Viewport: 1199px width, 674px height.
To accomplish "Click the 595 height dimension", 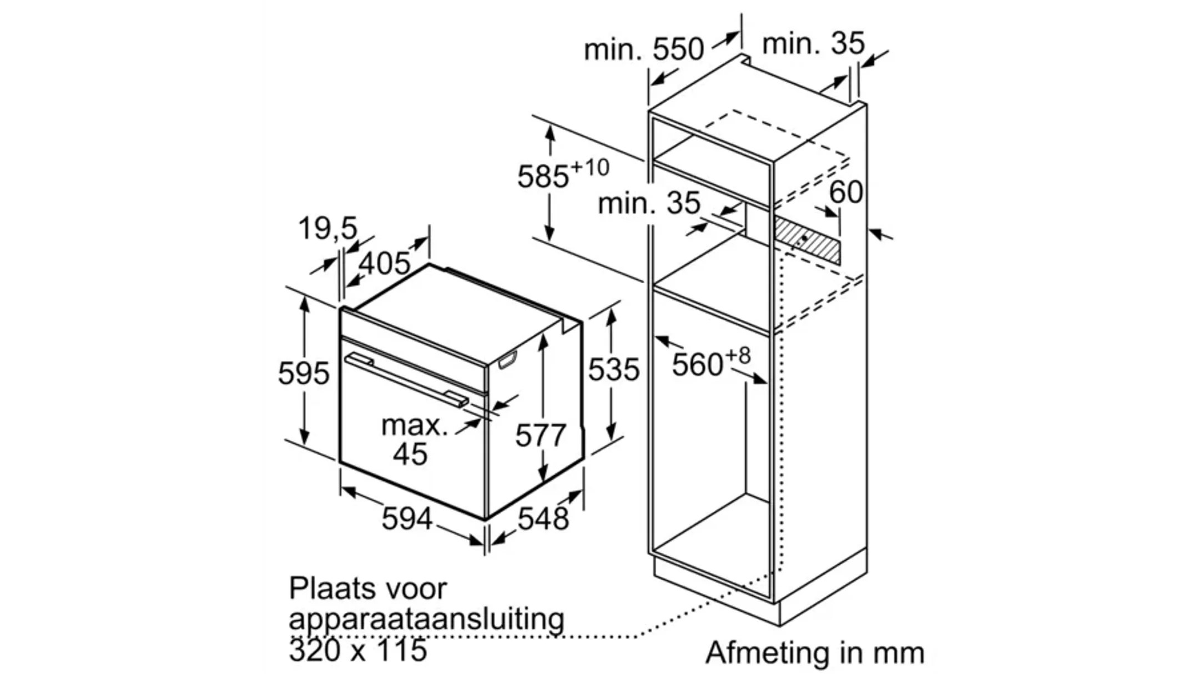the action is tap(304, 373).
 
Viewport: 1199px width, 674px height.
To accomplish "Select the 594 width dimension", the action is tap(407, 519).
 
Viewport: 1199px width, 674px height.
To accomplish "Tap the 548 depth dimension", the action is tap(543, 519).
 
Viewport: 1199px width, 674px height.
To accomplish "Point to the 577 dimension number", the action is tap(540, 435).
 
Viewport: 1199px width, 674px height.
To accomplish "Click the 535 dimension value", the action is tap(614, 370).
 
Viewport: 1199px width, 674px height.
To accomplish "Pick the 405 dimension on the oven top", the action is tap(385, 263).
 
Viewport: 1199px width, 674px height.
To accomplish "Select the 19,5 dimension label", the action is tap(328, 228).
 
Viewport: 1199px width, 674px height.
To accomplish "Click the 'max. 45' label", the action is tap(414, 440).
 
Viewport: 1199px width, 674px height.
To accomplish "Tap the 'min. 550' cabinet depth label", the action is tap(644, 49).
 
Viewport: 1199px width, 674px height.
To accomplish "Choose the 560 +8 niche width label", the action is tap(711, 363).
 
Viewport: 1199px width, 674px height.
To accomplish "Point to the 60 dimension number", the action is tap(846, 192).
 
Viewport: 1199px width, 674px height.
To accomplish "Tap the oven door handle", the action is tap(406, 381).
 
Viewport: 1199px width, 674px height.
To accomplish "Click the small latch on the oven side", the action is tap(508, 360).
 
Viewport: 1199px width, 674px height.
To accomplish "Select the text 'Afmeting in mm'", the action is tap(815, 653).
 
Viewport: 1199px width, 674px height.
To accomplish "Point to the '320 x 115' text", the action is tap(358, 650).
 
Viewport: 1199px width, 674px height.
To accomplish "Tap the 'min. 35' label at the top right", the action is tap(813, 43).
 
